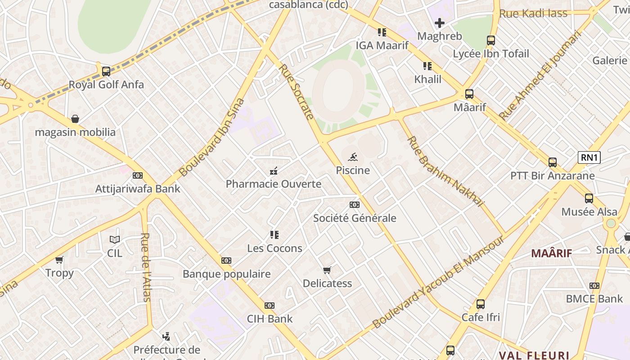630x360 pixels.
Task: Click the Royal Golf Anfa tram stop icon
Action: [x=106, y=71]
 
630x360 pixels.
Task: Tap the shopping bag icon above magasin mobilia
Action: [x=75, y=119]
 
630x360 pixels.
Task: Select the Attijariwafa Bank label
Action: [x=138, y=189]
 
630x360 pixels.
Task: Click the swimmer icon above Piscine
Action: [x=353, y=157]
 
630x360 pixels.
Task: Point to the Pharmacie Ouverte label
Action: [x=273, y=184]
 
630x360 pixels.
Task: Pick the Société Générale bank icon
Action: [x=355, y=205]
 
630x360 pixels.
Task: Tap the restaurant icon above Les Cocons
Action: [x=274, y=235]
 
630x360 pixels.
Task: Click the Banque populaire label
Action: [x=226, y=274]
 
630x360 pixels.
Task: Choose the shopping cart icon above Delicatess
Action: [x=327, y=270]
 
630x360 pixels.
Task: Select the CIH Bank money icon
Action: [x=270, y=306]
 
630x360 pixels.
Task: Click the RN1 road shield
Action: [x=589, y=157]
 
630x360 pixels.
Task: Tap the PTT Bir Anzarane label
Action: [x=552, y=175]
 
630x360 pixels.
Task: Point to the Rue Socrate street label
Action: [x=296, y=92]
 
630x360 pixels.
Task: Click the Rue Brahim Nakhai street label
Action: [x=445, y=171]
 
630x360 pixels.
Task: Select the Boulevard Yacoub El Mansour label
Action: [x=438, y=282]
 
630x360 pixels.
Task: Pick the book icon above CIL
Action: [x=115, y=240]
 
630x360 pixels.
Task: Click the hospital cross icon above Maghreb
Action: [x=440, y=22]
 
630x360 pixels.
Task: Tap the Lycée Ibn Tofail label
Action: [x=490, y=54]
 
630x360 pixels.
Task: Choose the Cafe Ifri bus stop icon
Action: [x=481, y=304]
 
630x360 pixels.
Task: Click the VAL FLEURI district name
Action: [x=534, y=355]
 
